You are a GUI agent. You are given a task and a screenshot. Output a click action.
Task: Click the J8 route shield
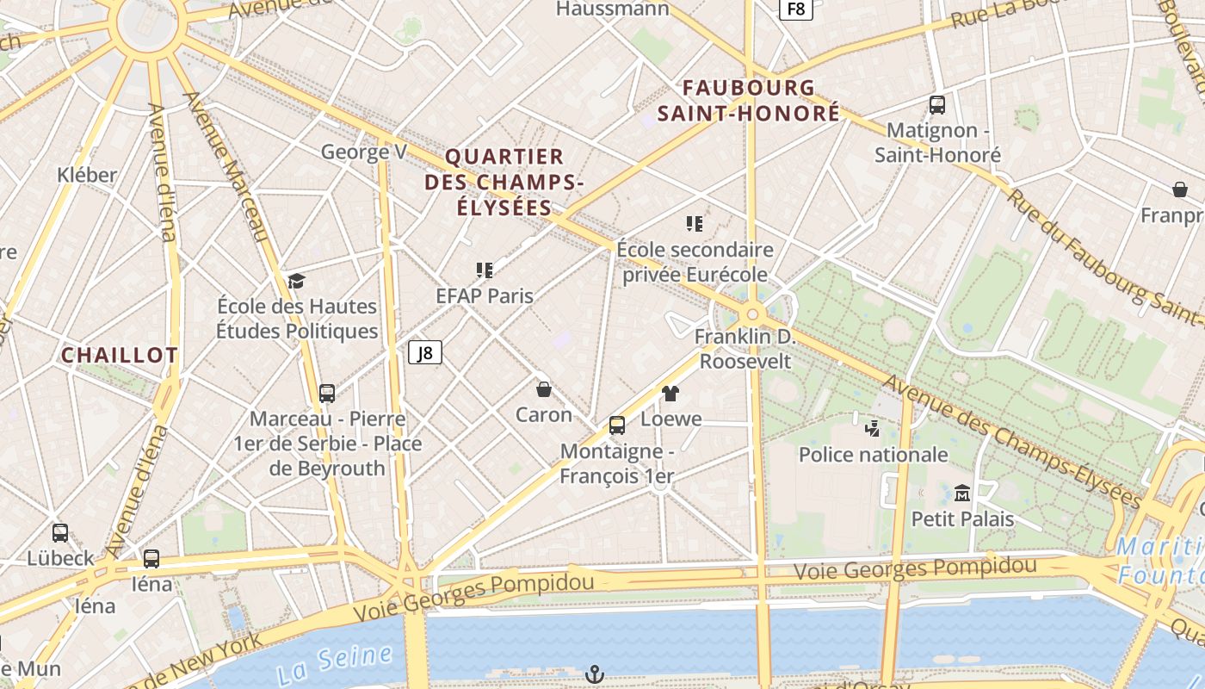pyautogui.click(x=424, y=351)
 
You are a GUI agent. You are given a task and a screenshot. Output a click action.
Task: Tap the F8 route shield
pyautogui.click(x=796, y=9)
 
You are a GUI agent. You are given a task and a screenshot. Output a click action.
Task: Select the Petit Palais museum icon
pyautogui.click(x=962, y=493)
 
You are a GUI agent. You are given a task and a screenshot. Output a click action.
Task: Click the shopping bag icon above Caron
pyautogui.click(x=544, y=389)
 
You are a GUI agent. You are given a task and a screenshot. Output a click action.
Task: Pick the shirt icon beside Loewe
pyautogui.click(x=670, y=394)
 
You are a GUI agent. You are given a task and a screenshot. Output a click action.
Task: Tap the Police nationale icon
pyautogui.click(x=873, y=428)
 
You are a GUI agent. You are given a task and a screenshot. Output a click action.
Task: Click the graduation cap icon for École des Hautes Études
pyautogui.click(x=297, y=281)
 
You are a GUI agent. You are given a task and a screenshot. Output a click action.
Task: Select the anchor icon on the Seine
pyautogui.click(x=594, y=674)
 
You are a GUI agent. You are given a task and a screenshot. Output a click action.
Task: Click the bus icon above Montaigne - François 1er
pyautogui.click(x=616, y=425)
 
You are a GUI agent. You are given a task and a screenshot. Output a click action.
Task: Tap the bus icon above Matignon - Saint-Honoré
pyautogui.click(x=937, y=105)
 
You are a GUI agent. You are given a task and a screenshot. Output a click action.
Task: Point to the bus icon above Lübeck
pyautogui.click(x=59, y=532)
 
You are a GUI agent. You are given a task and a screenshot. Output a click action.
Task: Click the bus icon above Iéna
pyautogui.click(x=151, y=558)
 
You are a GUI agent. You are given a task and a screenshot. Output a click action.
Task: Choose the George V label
pyautogui.click(x=363, y=152)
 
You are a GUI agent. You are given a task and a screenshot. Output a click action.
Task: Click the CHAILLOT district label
pyautogui.click(x=120, y=355)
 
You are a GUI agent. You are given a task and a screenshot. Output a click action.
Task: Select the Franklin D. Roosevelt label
pyautogui.click(x=745, y=349)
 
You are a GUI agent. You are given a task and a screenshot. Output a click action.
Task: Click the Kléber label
pyautogui.click(x=87, y=175)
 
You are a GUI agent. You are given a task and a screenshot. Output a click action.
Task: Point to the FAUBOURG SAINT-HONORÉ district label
pyautogui.click(x=749, y=100)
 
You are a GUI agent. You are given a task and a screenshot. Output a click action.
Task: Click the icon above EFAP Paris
pyautogui.click(x=485, y=270)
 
